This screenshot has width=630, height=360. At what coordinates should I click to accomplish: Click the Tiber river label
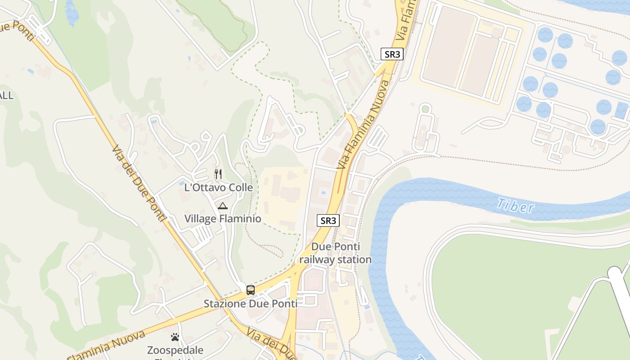[515, 206]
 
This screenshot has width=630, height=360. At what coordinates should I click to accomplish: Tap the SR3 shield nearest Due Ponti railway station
[328, 220]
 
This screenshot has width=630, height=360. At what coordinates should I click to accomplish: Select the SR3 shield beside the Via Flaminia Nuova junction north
[392, 54]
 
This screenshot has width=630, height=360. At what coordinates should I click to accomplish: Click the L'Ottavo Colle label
[219, 187]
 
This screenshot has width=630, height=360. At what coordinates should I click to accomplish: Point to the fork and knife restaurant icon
[218, 174]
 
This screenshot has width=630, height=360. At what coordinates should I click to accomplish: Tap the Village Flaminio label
[223, 219]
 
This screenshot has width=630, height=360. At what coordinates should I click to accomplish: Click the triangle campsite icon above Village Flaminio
[222, 206]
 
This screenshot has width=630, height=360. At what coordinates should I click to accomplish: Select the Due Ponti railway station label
[335, 253]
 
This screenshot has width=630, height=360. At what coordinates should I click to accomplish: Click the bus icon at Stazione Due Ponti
[251, 290]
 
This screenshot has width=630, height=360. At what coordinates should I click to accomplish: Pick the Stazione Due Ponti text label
[251, 304]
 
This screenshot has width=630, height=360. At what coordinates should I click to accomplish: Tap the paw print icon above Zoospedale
[175, 337]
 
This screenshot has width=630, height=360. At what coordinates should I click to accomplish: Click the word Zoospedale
[175, 350]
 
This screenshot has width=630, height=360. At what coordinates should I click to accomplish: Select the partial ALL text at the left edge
[6, 95]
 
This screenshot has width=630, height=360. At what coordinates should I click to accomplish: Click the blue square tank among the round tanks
[621, 110]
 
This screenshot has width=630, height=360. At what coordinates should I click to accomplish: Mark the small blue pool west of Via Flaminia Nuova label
[323, 193]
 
